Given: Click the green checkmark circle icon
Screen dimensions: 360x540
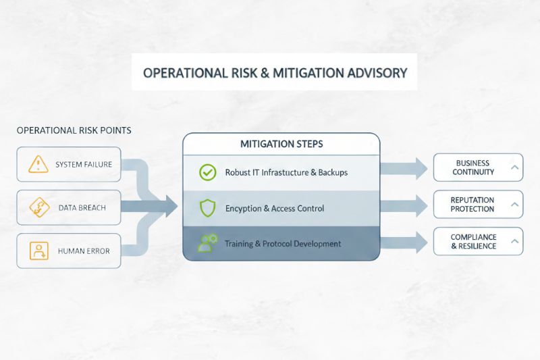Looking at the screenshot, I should [x=207, y=172].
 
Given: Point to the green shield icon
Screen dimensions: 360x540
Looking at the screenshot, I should [x=207, y=208].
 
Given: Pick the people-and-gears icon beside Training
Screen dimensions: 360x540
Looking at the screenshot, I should [x=207, y=243].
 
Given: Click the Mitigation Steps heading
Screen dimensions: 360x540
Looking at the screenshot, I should [x=281, y=144].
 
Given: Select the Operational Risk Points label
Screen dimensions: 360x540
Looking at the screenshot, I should [x=74, y=130].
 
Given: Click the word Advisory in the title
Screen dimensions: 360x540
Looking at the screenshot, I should [x=373, y=72].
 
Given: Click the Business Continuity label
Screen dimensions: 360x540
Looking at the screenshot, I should [x=473, y=168].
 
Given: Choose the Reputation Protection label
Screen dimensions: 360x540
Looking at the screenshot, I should [x=473, y=205].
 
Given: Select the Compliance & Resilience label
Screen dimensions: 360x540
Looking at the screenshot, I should [x=473, y=242].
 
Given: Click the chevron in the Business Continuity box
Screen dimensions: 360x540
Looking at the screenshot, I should [x=514, y=167].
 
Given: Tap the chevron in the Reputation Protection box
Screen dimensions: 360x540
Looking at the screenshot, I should [x=514, y=204].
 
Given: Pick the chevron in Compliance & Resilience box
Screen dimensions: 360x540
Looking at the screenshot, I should [x=514, y=241].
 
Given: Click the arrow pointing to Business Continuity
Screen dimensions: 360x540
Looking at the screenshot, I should [x=405, y=168].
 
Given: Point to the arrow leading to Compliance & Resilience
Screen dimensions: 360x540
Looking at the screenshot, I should [x=405, y=241].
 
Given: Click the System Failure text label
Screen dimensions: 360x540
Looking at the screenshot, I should [x=84, y=164].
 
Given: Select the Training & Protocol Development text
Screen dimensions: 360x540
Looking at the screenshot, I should [x=283, y=243].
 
